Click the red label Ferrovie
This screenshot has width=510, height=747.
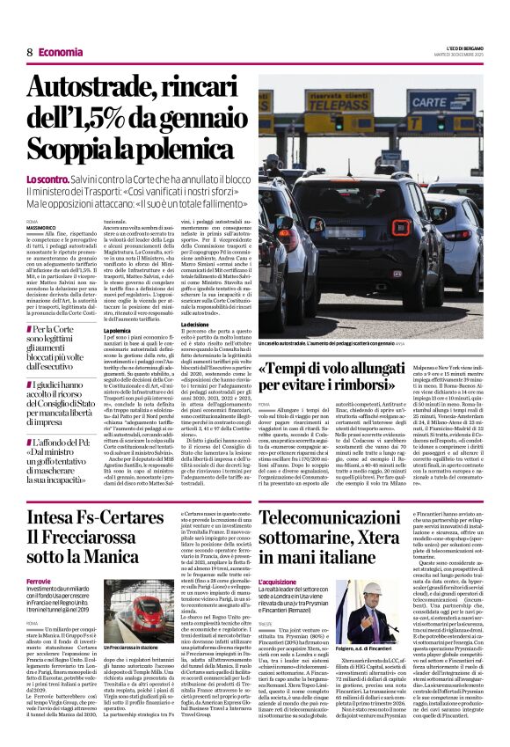tap(40, 582)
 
